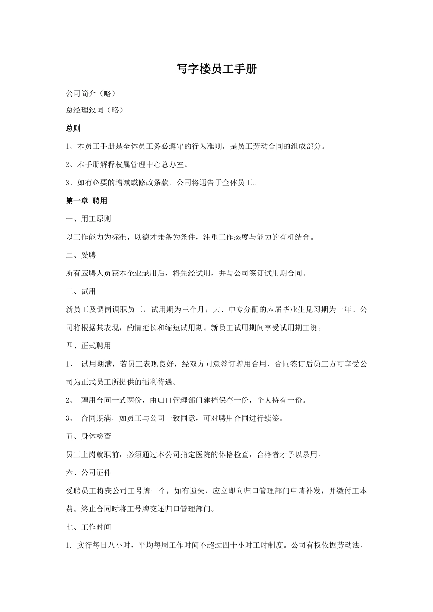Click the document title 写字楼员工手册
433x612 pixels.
pyautogui.click(x=216, y=69)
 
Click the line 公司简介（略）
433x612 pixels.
pyautogui.click(x=91, y=93)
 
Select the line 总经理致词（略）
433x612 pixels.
pyautogui.click(x=94, y=110)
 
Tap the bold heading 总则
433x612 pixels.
pyautogui.click(x=73, y=128)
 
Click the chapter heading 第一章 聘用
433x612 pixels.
pyautogui.click(x=86, y=200)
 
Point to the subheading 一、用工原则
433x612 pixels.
pyautogui.click(x=88, y=219)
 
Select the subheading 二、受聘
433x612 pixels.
pyautogui.click(x=81, y=255)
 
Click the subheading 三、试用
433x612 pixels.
pyautogui.click(x=81, y=291)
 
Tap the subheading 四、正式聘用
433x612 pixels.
pyautogui.click(x=88, y=346)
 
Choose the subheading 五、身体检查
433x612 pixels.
pyautogui.click(x=88, y=436)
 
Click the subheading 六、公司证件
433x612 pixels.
pyautogui.click(x=88, y=473)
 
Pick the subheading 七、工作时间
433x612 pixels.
pyautogui.click(x=88, y=527)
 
